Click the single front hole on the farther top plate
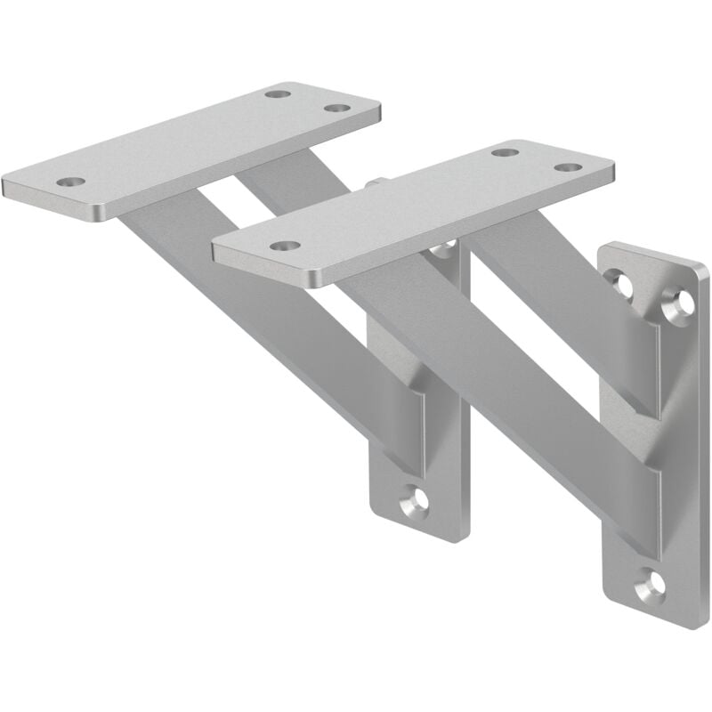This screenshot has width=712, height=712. [70, 182]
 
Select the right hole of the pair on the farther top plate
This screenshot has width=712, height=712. [336, 108]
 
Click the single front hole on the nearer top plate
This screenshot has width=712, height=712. [282, 245]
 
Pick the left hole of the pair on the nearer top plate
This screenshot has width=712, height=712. [505, 152]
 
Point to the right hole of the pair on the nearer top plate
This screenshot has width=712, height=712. [567, 167]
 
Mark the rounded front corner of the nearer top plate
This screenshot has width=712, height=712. [311, 280]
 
